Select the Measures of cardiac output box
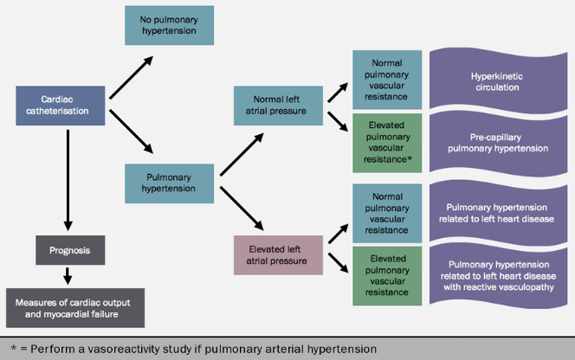coord(74,308)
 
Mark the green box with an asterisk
coord(386,142)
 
